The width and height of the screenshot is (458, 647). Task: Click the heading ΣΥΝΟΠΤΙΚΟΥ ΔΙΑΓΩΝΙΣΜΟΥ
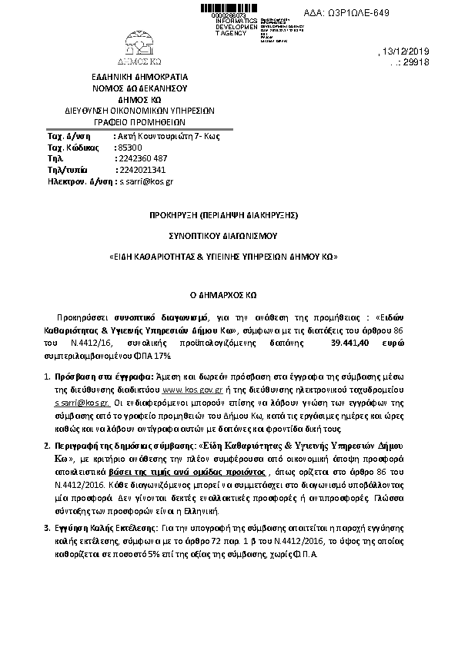pos(222,237)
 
